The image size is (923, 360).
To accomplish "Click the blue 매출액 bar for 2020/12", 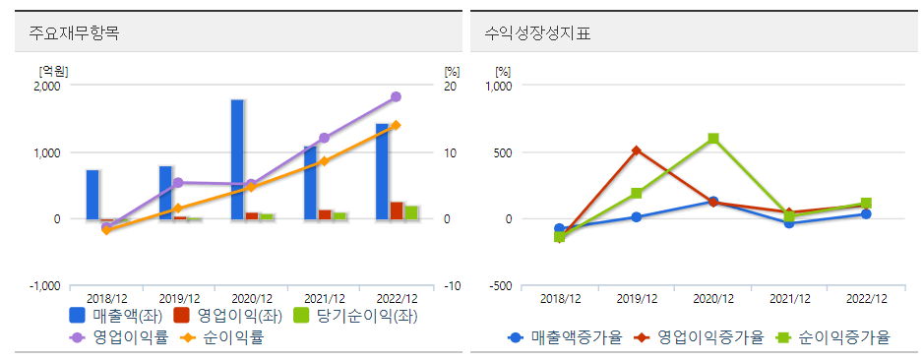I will [238, 159].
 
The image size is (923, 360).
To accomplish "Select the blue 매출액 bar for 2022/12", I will [382, 171].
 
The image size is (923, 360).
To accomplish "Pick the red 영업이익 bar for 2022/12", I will [397, 210].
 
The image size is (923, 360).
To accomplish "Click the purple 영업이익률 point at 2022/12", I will [396, 96].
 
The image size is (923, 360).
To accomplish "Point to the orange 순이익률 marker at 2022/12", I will [396, 125].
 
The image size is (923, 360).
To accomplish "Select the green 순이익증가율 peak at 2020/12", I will [713, 139].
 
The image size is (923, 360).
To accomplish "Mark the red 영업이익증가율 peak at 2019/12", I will [637, 150].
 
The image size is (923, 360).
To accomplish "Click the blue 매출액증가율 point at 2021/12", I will [789, 223].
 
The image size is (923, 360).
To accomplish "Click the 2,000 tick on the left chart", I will [46, 87].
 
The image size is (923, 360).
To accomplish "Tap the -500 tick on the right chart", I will [501, 286].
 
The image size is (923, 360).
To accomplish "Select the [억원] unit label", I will [52, 72].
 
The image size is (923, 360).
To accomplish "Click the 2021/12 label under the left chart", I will [325, 299].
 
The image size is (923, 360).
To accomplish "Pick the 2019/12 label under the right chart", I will [637, 299].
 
